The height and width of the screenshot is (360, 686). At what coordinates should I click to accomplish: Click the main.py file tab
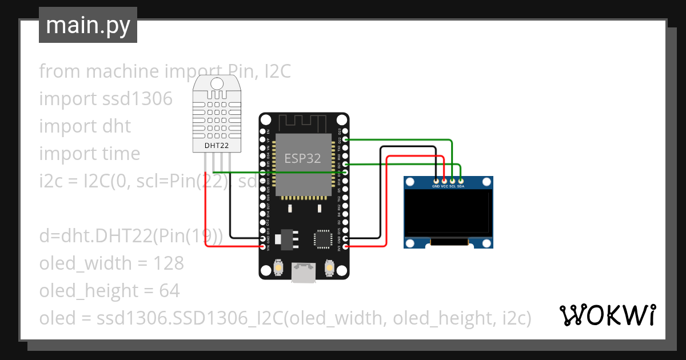click(87, 25)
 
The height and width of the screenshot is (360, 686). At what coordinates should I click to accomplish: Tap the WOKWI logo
click(607, 315)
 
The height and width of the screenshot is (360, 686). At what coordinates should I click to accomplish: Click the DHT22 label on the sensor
click(217, 146)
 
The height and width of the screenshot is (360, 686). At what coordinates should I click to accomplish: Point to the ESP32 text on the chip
click(303, 158)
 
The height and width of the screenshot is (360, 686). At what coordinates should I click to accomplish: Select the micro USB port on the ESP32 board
click(303, 273)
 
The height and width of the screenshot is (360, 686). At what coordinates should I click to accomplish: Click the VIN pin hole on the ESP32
click(262, 246)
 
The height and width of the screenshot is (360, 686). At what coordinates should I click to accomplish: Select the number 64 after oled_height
click(169, 291)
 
